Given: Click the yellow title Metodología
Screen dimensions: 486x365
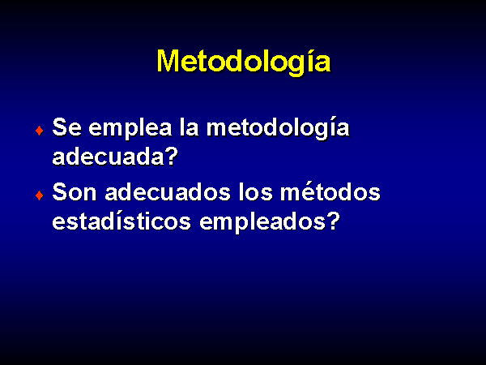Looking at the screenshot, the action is [x=244, y=62].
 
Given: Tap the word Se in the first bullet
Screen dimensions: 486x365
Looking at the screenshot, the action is [x=67, y=127].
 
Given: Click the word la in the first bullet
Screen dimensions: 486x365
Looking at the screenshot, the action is [x=190, y=127].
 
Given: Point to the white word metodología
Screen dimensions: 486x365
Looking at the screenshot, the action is [x=278, y=129].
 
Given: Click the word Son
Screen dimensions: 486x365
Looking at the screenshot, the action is [x=75, y=192].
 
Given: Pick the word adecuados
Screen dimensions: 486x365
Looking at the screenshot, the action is [x=168, y=192].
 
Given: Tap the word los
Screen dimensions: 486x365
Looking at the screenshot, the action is [x=256, y=192].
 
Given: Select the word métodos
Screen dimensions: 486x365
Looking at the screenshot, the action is [x=330, y=191].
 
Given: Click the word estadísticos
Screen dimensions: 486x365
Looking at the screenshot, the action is [x=122, y=221].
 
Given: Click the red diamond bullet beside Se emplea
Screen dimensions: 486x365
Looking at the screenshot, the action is [x=40, y=131].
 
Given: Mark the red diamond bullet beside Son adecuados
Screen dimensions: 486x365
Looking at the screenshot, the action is [x=40, y=195].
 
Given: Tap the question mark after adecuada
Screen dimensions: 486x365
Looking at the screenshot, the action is [x=172, y=156].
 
